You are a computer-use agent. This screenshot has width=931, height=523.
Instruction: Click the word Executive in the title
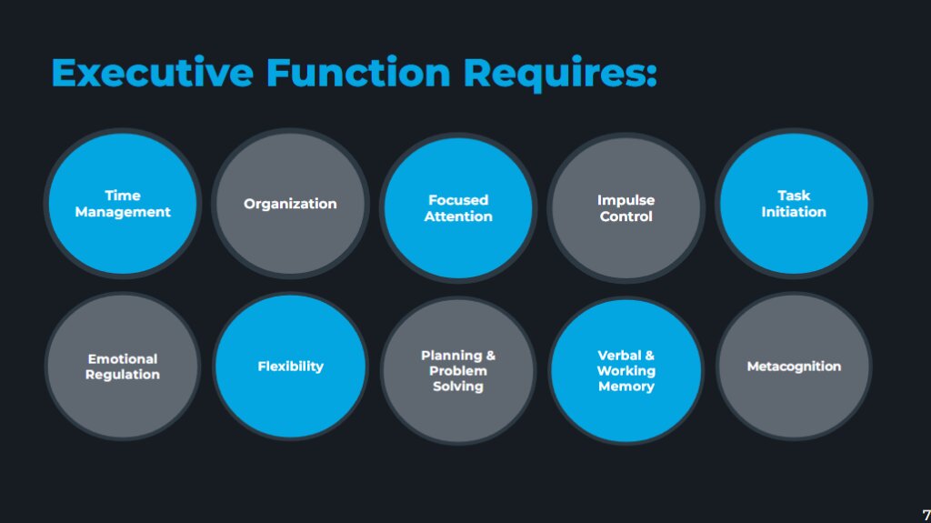[152, 72]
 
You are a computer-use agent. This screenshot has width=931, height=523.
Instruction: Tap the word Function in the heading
[358, 72]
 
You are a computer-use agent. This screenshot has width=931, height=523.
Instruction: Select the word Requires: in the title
[559, 72]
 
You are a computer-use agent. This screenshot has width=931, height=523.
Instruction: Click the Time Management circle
[123, 204]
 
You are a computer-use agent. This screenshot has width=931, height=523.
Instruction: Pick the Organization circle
[290, 204]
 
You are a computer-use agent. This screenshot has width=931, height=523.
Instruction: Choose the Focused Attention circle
[458, 208]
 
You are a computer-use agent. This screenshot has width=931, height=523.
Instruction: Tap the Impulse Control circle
[626, 208]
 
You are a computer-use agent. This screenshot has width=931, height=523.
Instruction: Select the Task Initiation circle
[794, 204]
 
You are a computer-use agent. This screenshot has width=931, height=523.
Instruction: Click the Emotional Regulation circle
[123, 367]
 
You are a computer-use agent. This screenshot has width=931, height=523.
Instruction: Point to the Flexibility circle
[290, 367]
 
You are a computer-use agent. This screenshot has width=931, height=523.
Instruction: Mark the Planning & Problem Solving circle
[458, 371]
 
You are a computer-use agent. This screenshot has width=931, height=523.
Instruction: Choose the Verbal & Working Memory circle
[626, 371]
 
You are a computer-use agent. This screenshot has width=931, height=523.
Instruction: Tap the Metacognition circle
[794, 367]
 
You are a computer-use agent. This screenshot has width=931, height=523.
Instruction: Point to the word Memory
[626, 387]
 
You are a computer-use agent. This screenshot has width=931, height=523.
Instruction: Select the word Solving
[458, 387]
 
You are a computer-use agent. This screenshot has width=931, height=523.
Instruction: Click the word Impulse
[626, 200]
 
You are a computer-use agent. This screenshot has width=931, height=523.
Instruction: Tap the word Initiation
[794, 212]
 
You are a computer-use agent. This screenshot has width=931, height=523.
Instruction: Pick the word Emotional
[123, 358]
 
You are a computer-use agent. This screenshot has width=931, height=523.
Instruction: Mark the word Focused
[458, 200]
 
